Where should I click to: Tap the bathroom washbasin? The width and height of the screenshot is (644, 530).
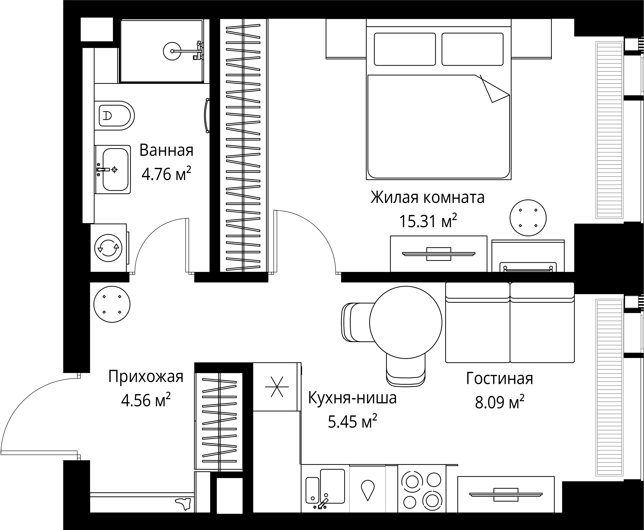pos(115,169)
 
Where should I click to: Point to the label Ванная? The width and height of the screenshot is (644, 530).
pos(166,151)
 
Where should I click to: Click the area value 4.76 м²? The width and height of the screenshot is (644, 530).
pos(166,174)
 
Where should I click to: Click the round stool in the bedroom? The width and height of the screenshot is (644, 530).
pos(528,218)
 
